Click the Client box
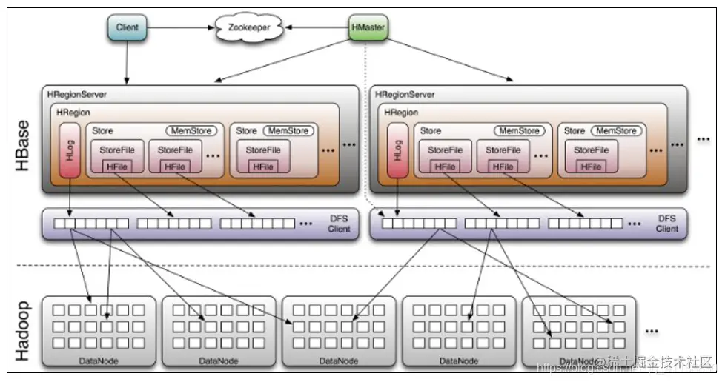128,28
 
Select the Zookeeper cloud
248,28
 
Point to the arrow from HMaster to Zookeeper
315,28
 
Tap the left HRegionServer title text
78,95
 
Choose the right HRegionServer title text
405,95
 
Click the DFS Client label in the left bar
339,224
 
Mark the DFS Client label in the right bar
666,224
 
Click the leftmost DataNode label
99,361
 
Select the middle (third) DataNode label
339,361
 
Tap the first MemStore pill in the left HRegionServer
192,131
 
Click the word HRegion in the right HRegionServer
402,112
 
